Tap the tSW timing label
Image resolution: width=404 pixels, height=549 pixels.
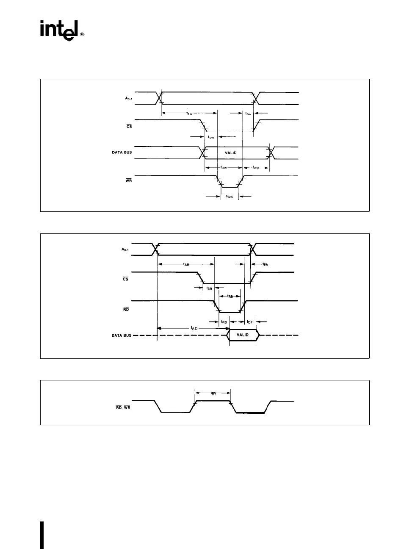(212, 137)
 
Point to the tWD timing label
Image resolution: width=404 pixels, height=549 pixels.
(256, 168)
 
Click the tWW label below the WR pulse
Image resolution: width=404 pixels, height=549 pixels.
(230, 197)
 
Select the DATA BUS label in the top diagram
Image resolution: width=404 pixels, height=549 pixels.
(122, 152)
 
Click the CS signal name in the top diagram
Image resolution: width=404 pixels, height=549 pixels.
(129, 126)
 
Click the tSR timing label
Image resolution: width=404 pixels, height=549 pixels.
(209, 288)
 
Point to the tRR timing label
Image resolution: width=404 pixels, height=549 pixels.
(230, 296)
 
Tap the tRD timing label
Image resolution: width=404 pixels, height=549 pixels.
(224, 322)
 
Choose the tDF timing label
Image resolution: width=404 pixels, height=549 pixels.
(249, 322)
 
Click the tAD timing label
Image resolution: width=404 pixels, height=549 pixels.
(194, 328)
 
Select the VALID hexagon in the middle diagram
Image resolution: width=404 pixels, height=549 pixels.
(242, 335)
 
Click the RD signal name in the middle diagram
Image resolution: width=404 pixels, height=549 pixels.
(126, 309)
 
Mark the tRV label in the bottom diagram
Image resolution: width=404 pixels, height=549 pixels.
(213, 393)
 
